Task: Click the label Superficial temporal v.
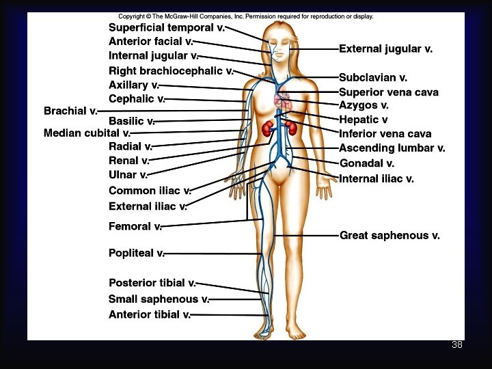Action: (167, 27)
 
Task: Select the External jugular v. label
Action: (385, 49)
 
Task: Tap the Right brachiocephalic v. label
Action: (171, 70)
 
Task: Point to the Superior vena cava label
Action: (388, 92)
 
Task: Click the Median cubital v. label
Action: (86, 133)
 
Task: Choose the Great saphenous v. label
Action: (389, 235)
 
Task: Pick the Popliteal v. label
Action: (136, 253)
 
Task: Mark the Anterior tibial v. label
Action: (149, 314)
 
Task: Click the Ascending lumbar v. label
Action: (392, 148)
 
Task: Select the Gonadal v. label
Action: (366, 163)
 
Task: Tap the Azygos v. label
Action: (364, 105)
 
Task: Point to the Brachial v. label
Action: (70, 111)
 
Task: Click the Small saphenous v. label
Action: (159, 299)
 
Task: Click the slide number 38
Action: (456, 344)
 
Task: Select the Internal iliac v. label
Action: (376, 178)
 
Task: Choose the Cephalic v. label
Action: (137, 99)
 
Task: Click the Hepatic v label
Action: (364, 120)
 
